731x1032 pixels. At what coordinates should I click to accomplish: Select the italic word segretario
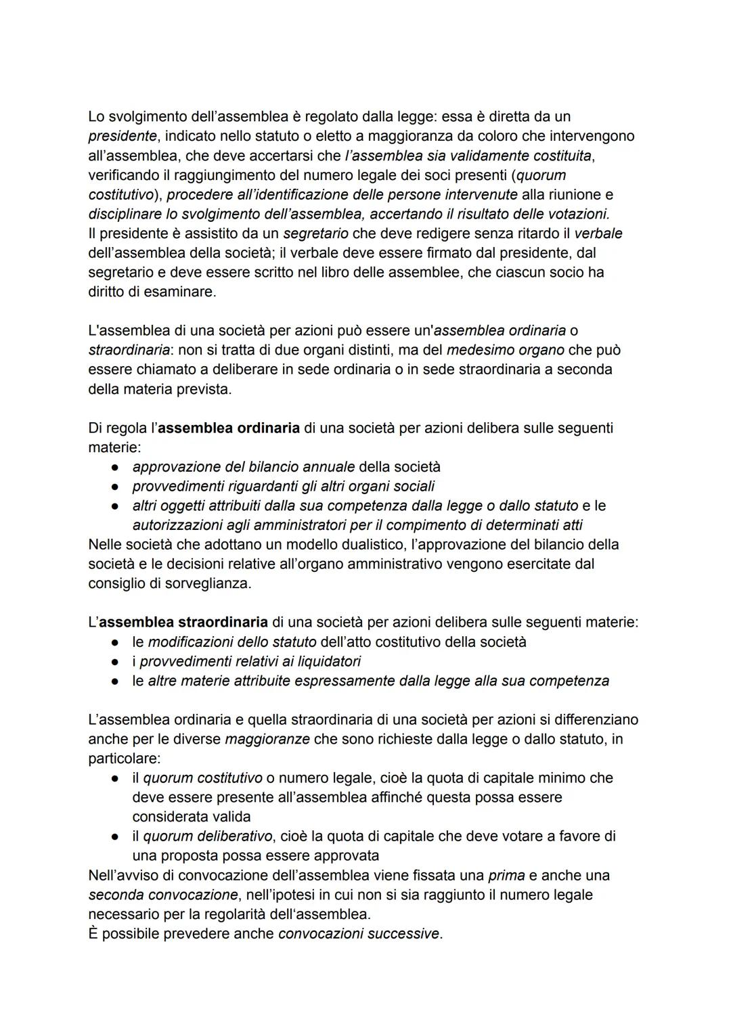point(315,233)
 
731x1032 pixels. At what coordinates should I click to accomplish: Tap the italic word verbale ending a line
point(598,233)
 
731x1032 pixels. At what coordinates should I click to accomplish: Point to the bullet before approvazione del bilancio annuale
point(116,467)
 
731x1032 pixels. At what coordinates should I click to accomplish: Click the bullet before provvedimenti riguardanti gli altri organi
point(116,487)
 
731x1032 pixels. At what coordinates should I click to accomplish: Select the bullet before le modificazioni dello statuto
point(116,642)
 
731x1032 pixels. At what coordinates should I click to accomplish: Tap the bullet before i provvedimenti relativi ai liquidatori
point(116,661)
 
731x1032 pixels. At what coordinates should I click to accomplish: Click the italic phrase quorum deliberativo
point(206,836)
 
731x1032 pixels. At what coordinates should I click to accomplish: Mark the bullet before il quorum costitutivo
point(116,778)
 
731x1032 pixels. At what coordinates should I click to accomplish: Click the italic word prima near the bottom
point(506,876)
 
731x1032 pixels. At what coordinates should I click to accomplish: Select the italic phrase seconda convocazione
point(162,895)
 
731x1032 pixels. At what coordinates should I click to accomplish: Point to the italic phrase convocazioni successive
point(358,934)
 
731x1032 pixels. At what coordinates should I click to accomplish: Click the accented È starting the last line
point(94,934)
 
